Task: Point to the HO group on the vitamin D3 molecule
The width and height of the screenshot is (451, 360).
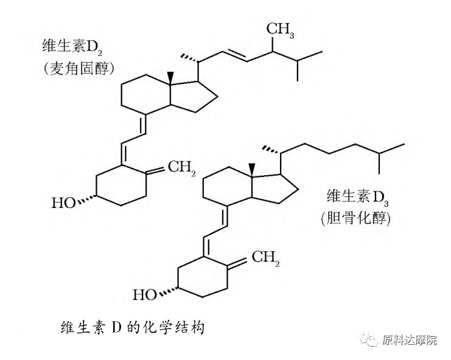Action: [x=145, y=296]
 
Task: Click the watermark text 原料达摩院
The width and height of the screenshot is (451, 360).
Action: [x=410, y=341]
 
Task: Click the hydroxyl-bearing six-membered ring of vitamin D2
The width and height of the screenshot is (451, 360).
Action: [x=121, y=184]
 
